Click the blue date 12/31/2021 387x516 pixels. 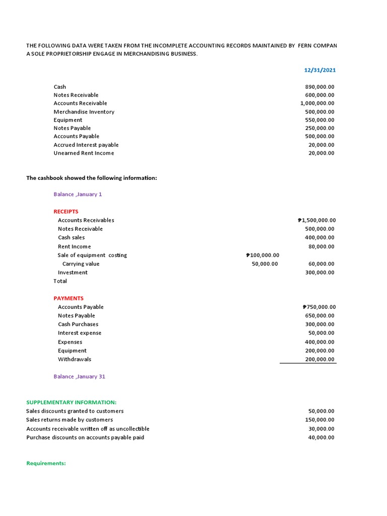pos(319,70)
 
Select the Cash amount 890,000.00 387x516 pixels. pos(319,87)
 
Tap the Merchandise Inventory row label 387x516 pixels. pos(84,112)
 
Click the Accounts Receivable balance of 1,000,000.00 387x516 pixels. pos(317,103)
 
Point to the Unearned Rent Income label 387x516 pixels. pos(84,153)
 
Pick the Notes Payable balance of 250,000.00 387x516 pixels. pos(319,128)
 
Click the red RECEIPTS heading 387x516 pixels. pos(66,212)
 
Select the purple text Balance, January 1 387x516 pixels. pos(78,195)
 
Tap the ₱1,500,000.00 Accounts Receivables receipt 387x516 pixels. pos(317,220)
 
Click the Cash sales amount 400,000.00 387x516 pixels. pos(320,237)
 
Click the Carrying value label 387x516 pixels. pos(81,264)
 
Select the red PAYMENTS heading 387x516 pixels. pos(69,298)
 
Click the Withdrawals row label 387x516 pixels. pos(75,359)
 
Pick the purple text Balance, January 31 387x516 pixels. pos(79,376)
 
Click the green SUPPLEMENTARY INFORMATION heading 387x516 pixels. pos(71,402)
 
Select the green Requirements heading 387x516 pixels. pos(46,463)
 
